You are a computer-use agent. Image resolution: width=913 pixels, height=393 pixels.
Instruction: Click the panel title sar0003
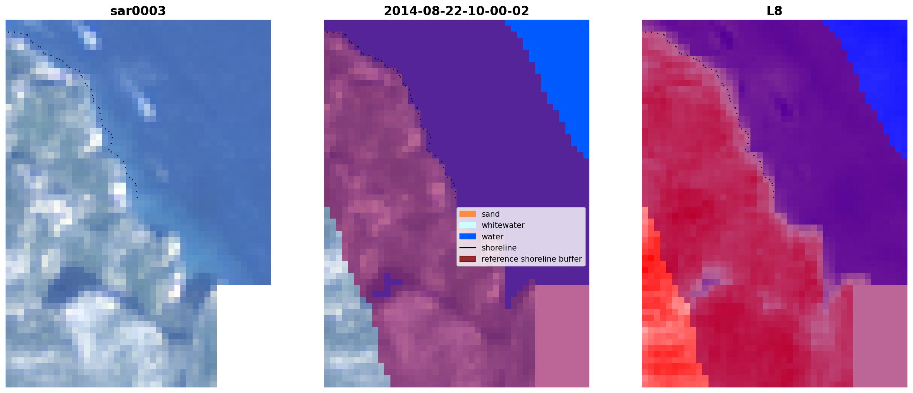(x=138, y=11)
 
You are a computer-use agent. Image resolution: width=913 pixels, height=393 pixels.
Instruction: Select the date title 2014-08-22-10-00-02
(x=456, y=11)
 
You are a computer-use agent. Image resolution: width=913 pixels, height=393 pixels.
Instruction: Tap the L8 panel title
(x=775, y=11)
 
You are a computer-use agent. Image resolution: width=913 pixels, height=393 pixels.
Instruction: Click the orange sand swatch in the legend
(x=468, y=214)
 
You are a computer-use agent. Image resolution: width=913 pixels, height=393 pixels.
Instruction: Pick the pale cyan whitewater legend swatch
(x=468, y=225)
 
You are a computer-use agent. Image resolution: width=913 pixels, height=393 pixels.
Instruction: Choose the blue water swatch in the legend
(x=468, y=236)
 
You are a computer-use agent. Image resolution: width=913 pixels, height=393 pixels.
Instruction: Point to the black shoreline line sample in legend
(x=468, y=248)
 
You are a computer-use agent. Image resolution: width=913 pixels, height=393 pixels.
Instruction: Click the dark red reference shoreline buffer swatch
(x=468, y=259)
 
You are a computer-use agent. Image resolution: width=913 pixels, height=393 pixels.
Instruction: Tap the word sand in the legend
(x=491, y=214)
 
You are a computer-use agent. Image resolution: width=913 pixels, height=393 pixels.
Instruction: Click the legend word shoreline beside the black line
(x=499, y=248)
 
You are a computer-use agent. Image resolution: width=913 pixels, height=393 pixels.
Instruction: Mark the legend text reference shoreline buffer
(x=531, y=259)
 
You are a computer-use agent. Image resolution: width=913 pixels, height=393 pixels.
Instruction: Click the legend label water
(x=493, y=237)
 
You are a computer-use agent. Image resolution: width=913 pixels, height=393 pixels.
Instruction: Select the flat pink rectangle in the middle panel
(x=562, y=336)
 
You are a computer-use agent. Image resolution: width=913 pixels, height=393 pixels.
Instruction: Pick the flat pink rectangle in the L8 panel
(x=880, y=336)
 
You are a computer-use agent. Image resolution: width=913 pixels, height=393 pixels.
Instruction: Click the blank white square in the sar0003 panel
(x=244, y=336)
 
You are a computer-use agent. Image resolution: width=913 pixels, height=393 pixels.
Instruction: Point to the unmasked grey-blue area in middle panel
(x=345, y=315)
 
